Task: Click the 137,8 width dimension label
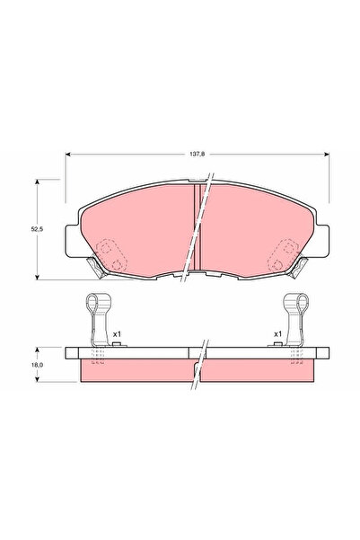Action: tap(196, 155)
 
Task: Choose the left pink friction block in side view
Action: tap(135, 368)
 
